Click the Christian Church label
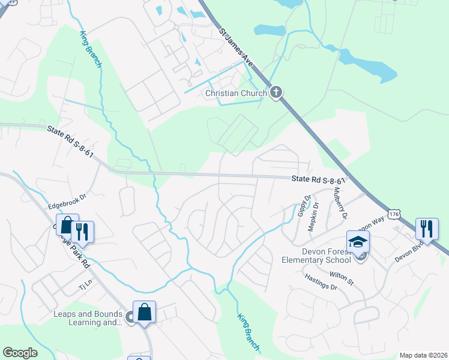pos(235,93)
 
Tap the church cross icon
pos(276,92)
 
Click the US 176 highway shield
pos(394,214)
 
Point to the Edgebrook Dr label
pos(68,196)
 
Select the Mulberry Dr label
pos(339,202)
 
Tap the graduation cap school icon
pos(358,241)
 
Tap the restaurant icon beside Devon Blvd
pos(427,229)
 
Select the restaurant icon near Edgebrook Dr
pos(82,231)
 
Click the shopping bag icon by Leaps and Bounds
pos(144,311)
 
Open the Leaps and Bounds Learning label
pos(87,318)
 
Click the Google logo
pos(20,353)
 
